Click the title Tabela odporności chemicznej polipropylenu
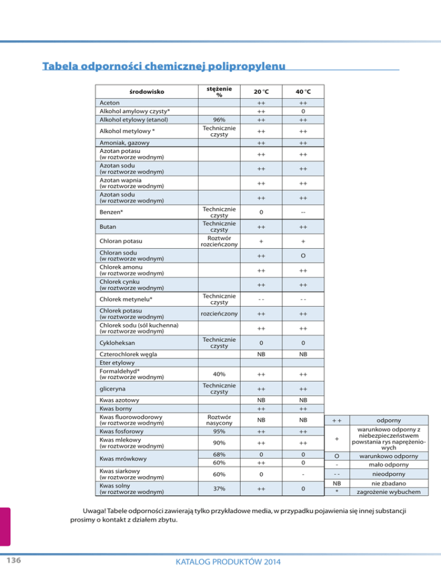[164, 66]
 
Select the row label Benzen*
[113, 213]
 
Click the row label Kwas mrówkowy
[123, 458]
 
